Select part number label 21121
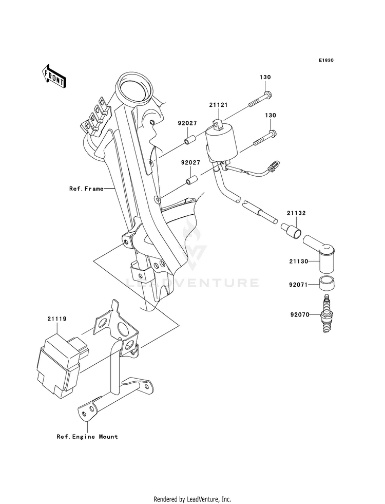[x=219, y=105]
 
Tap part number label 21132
[x=296, y=213]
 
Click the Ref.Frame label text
[x=86, y=189]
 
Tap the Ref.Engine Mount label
[x=87, y=437]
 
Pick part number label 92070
[x=300, y=314]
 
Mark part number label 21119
[x=57, y=319]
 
